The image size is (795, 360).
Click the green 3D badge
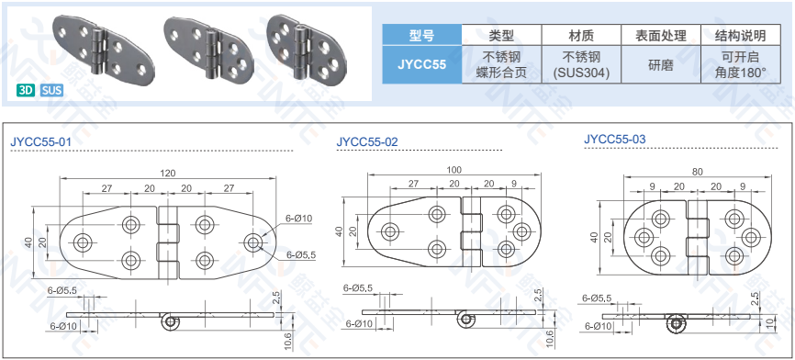point(26,91)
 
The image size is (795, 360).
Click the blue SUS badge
point(51,91)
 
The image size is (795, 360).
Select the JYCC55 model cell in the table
point(422,64)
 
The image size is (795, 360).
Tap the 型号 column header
point(422,35)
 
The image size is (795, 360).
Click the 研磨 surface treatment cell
point(661,64)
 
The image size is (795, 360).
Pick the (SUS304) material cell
point(581,73)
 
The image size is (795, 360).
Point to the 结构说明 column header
point(740,35)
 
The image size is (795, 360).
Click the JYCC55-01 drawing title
point(41,141)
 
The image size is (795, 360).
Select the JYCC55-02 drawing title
point(367,141)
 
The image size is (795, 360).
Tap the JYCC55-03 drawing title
point(615,139)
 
